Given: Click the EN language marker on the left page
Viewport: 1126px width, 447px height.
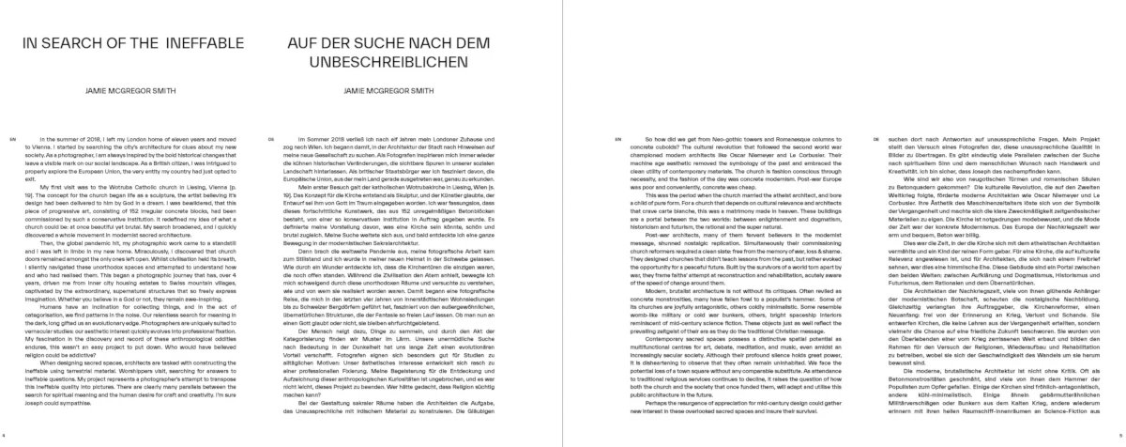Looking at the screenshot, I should click(x=12, y=137).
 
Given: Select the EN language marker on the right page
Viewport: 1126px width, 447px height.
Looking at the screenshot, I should click(x=616, y=137).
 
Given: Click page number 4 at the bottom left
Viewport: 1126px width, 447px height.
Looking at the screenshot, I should click(x=5, y=438).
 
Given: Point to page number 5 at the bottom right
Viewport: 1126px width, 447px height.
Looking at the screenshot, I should click(x=1120, y=438).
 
